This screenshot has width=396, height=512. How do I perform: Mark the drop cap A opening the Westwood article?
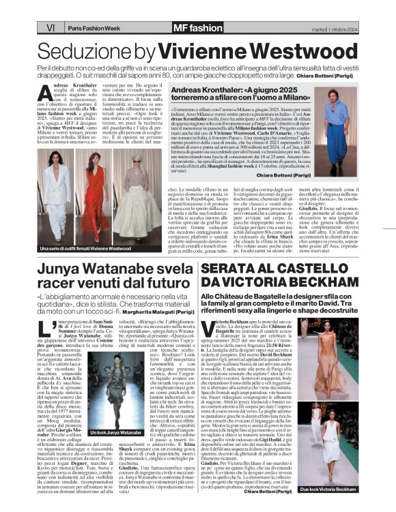point(45,93)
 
